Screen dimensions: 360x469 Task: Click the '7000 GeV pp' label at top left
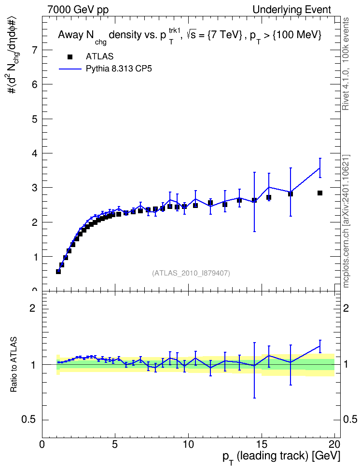coord(78,10)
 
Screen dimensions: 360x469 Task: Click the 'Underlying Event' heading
coord(292,10)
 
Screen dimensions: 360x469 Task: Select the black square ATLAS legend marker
coord(70,57)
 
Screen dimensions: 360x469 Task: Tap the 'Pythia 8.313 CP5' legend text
coord(119,69)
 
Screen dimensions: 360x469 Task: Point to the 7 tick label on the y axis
coord(35,50)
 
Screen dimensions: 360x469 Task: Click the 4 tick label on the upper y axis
coord(35,153)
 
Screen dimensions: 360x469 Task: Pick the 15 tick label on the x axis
coord(261,444)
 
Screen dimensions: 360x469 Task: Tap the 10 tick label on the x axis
coord(188,444)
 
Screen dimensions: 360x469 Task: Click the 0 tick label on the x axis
coord(42,444)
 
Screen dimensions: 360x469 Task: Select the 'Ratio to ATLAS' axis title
coord(14,364)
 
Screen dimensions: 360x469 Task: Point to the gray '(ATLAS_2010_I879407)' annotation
coord(191,273)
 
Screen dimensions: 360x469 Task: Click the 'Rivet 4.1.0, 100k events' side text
coord(346,64)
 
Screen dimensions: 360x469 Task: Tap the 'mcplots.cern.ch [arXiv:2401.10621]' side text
coord(346,221)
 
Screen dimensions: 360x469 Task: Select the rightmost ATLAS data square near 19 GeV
coord(320,193)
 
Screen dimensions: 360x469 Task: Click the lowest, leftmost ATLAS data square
coord(58,272)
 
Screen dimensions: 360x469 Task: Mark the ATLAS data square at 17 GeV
coord(291,194)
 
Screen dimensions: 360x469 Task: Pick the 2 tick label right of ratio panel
coord(346,308)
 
